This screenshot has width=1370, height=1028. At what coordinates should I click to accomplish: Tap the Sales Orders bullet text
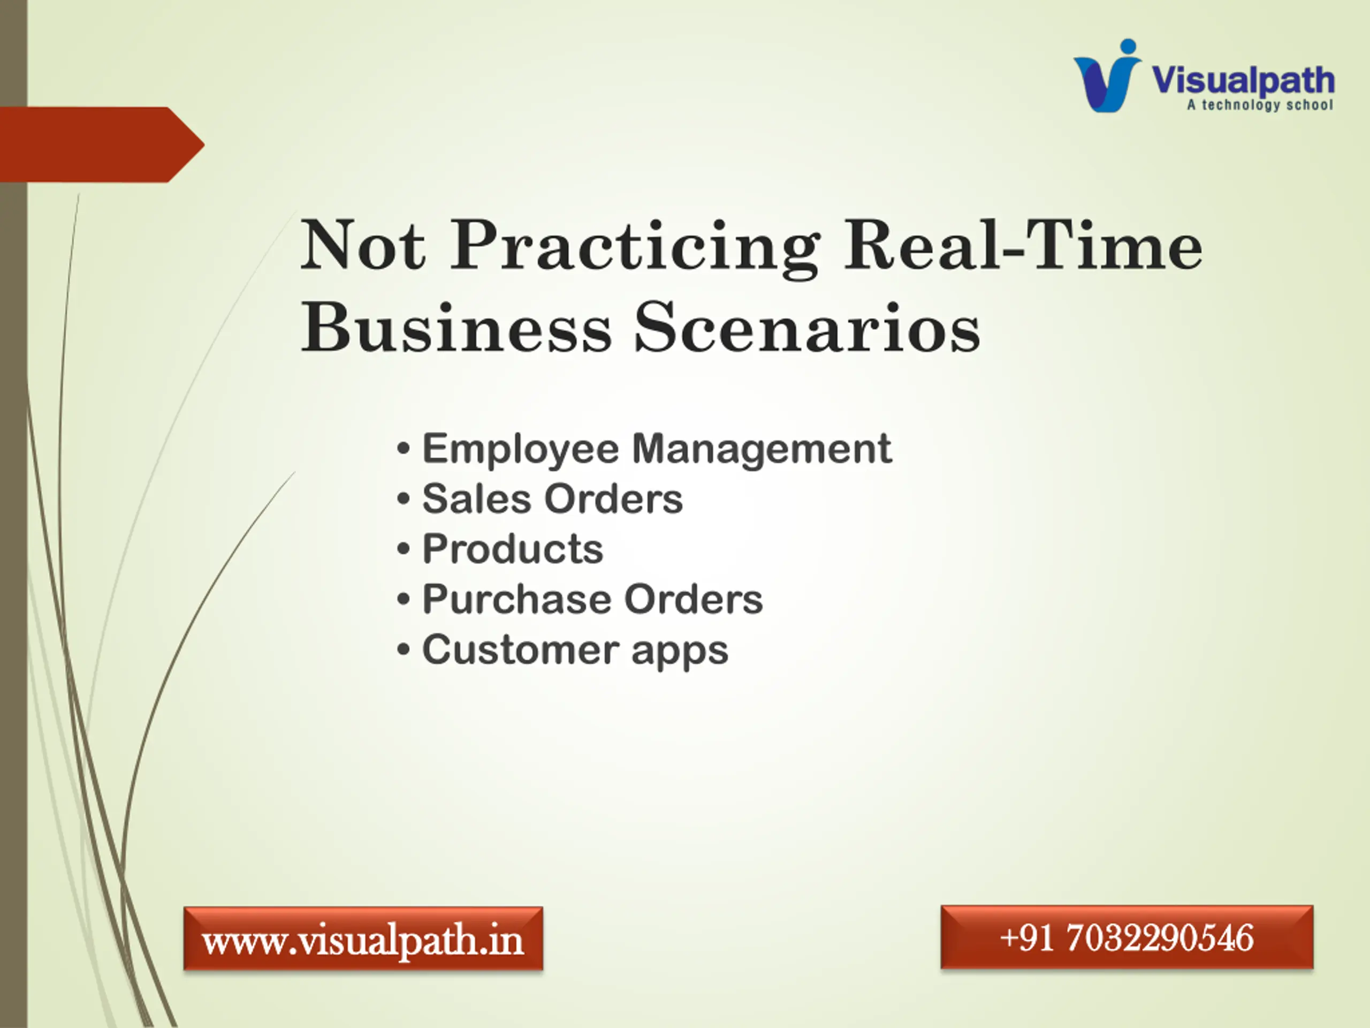pos(552,499)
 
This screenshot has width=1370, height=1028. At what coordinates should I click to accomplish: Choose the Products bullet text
pos(512,549)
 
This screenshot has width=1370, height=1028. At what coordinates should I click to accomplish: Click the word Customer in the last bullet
pos(520,649)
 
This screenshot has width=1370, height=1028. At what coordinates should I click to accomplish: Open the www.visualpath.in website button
pos(363,938)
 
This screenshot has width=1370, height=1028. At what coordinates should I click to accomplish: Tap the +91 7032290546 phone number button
pos(1127,937)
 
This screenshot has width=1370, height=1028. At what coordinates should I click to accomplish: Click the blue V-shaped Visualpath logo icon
pos(1107,75)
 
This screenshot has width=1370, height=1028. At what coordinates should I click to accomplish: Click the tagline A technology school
pos(1260,105)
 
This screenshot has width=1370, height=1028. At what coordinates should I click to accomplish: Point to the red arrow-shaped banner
pos(102,145)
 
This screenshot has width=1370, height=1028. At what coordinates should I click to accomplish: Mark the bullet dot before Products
pos(403,549)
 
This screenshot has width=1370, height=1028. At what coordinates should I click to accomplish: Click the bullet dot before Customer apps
pos(403,650)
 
